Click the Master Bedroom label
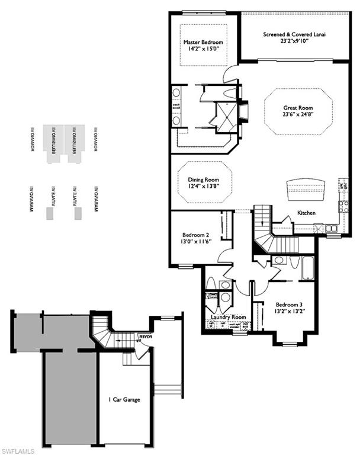203,43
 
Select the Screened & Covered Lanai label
294,35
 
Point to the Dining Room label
204,180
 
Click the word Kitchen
306,212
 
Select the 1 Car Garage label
124,399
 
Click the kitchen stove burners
343,207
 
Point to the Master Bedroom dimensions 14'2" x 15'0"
203,51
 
